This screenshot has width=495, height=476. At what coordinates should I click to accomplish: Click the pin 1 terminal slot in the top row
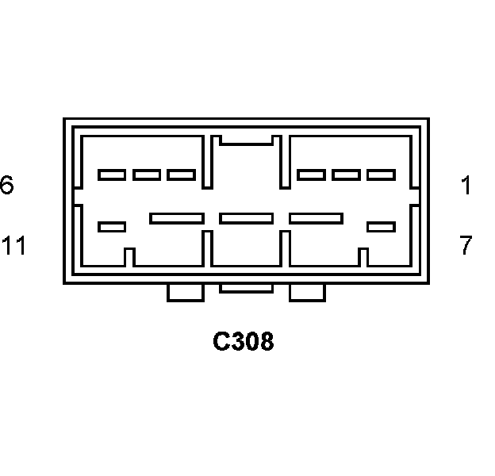tap(381, 175)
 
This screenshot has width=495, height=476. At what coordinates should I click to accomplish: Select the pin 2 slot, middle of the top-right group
tap(346, 175)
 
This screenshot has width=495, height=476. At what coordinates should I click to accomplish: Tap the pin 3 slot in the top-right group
tap(311, 175)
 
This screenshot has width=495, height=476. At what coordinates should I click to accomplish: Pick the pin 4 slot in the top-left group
tap(181, 175)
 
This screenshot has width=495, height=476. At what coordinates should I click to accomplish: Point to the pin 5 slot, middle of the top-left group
tap(147, 175)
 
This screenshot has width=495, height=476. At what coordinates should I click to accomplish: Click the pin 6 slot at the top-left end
tap(111, 175)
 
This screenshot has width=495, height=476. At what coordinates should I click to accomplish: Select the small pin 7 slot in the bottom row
tap(381, 227)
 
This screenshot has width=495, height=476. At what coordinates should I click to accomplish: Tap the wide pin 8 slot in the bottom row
tap(316, 217)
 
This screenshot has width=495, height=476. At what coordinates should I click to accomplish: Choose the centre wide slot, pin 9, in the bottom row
tap(246, 217)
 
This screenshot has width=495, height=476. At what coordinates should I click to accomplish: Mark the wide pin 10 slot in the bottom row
tap(176, 217)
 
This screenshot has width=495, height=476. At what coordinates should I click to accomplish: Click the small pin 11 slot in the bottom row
tap(111, 227)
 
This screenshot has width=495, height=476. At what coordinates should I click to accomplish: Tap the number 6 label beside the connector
tap(6, 186)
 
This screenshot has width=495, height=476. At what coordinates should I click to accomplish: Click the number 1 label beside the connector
tap(466, 186)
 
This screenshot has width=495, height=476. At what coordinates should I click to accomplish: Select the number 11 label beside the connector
tap(13, 246)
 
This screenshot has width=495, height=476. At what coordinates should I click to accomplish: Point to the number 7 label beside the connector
tap(466, 246)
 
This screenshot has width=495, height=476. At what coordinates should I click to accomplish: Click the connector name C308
tap(244, 342)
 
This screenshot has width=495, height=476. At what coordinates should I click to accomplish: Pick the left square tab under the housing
tap(186, 293)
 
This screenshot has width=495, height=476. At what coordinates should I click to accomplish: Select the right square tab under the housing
tap(307, 293)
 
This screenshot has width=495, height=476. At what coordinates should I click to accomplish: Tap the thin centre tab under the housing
tap(246, 288)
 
